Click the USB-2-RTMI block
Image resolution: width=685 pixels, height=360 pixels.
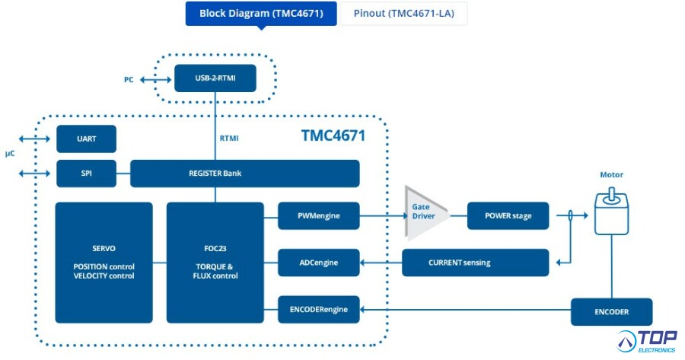(x=215, y=78)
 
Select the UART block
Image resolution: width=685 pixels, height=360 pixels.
(x=87, y=139)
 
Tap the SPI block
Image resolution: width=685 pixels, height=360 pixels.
(x=87, y=174)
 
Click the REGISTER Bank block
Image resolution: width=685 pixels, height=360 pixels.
(x=245, y=174)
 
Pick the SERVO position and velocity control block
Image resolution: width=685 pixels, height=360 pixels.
(x=104, y=263)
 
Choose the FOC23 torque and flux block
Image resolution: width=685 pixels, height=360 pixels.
(x=215, y=263)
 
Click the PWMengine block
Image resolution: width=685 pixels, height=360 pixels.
(x=319, y=216)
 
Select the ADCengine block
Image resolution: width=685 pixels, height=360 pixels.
(x=319, y=263)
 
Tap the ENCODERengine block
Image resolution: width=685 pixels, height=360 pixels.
(x=319, y=310)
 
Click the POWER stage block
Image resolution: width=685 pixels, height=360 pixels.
(x=508, y=216)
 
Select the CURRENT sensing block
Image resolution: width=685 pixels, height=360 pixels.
(x=475, y=263)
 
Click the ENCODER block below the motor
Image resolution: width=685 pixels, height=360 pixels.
(x=612, y=312)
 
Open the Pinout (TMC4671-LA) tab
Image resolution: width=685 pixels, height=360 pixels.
(x=403, y=14)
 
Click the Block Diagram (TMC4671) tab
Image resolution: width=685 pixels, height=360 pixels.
(x=261, y=14)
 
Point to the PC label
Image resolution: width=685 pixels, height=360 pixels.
(x=129, y=79)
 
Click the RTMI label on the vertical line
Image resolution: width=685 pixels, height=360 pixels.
(x=229, y=138)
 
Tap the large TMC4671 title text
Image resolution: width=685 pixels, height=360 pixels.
(x=333, y=135)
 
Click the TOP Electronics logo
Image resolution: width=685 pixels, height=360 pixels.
(x=647, y=342)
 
